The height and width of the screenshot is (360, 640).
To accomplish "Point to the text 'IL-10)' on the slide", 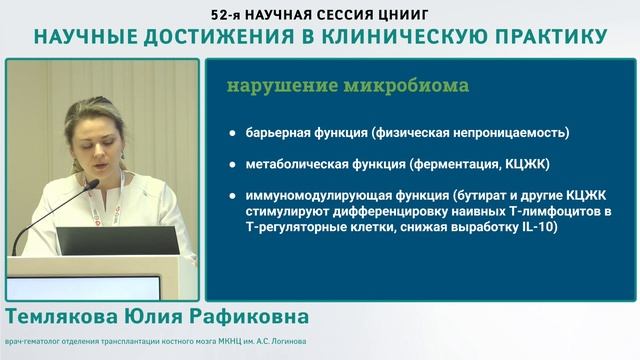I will [x=537, y=227].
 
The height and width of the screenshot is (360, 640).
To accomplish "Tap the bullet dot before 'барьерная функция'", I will [x=233, y=132].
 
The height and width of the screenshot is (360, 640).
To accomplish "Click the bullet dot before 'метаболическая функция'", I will [x=233, y=163].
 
